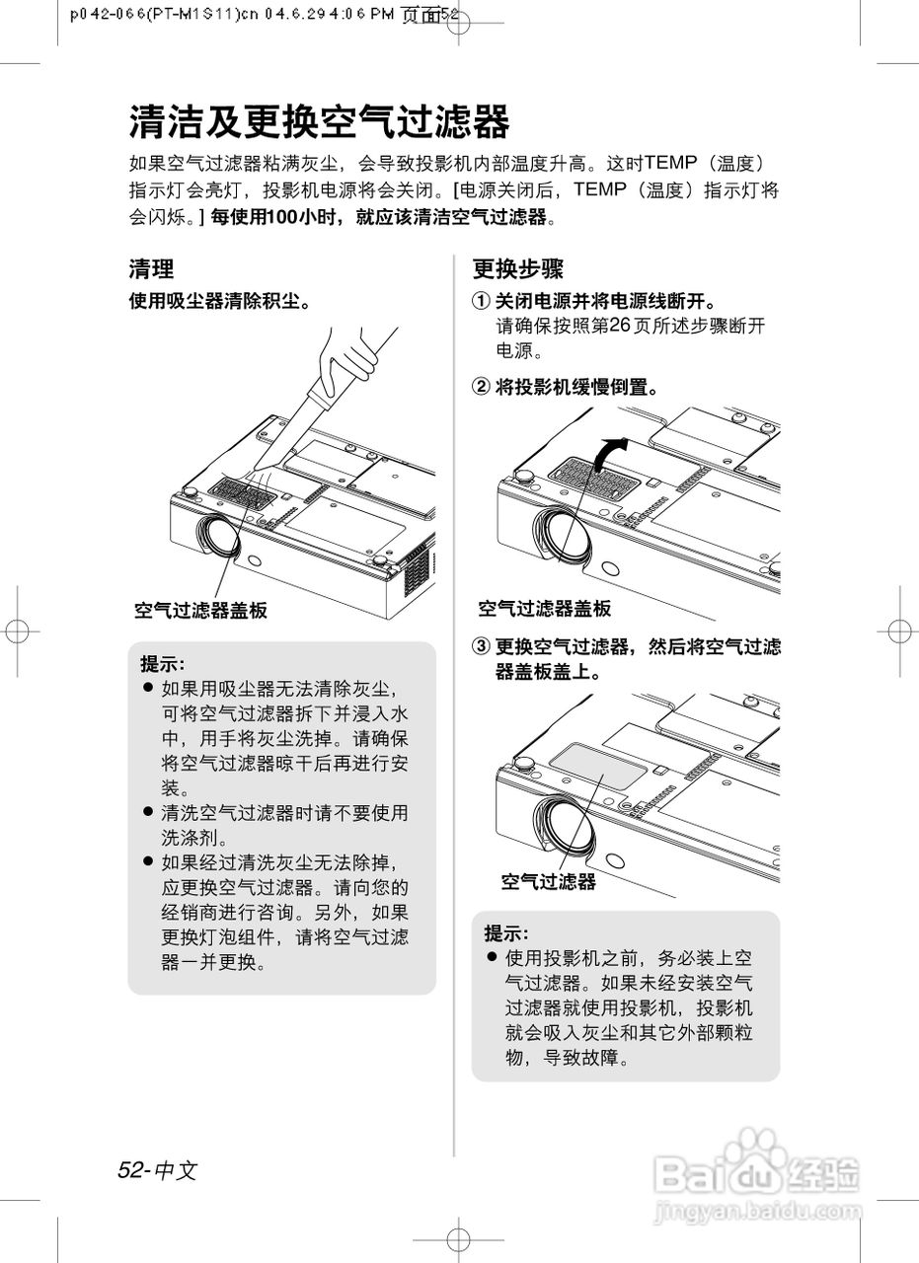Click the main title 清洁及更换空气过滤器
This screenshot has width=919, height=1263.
pyautogui.click(x=319, y=122)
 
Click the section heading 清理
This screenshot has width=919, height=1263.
pyautogui.click(x=151, y=268)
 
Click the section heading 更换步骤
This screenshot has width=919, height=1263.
pyautogui.click(x=517, y=268)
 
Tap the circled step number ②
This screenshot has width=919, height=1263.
pyautogui.click(x=480, y=387)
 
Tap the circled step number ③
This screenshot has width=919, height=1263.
pyautogui.click(x=480, y=647)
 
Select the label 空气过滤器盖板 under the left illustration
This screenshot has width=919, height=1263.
pyautogui.click(x=200, y=611)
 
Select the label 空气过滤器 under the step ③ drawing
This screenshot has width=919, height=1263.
pyautogui.click(x=548, y=881)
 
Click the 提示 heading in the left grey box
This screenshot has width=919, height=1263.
pyautogui.click(x=162, y=663)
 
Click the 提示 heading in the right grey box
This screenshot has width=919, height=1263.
pyautogui.click(x=505, y=932)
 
